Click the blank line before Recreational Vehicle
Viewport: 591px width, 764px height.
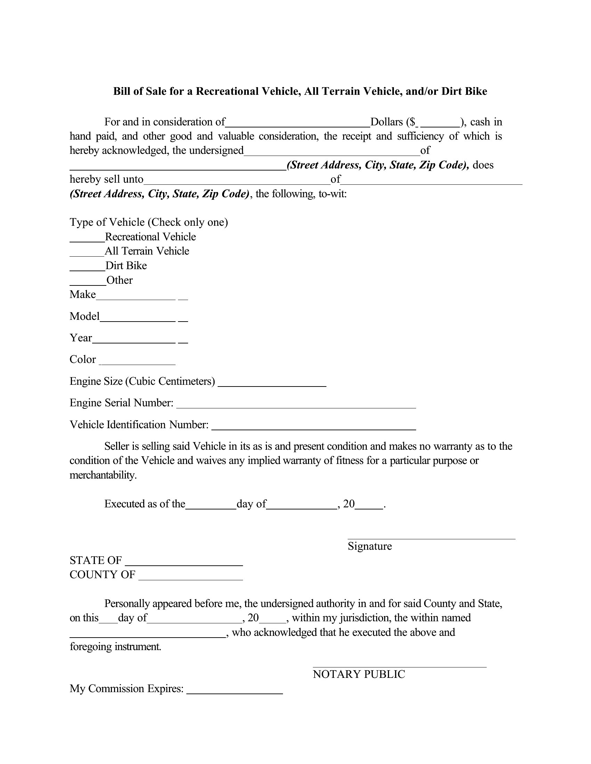pos(87,241)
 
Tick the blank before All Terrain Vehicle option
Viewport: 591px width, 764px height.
pos(87,255)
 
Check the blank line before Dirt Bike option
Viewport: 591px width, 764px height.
pos(88,270)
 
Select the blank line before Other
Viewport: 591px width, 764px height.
pos(88,284)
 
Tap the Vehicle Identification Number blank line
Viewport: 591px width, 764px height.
pos(314,429)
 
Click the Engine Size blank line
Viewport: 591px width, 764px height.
pos(272,385)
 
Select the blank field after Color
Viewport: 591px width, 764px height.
pos(137,364)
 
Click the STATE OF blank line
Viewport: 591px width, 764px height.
pos(184,565)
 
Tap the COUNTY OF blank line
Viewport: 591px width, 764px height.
pos(191,579)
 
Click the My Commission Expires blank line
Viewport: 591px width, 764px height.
pos(235,693)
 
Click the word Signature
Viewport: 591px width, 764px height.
pos(370,546)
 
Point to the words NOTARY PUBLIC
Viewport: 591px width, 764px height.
pos(359,674)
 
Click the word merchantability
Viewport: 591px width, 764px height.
pos(103,475)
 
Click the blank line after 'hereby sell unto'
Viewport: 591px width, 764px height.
pos(237,183)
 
